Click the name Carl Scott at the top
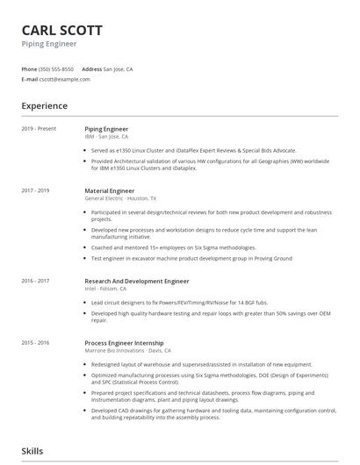(x=61, y=29)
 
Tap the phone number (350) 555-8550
(x=55, y=68)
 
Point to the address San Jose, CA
(x=118, y=68)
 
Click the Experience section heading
(x=44, y=106)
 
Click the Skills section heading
(x=32, y=451)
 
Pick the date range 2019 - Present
(x=39, y=129)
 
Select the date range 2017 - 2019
(x=35, y=190)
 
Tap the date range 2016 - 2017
(x=35, y=281)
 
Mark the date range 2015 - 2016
(x=35, y=342)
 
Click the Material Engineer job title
(x=109, y=190)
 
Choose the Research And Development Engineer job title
(x=136, y=281)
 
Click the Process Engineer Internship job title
(x=124, y=342)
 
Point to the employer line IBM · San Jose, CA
(x=106, y=137)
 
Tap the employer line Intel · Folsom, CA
(x=105, y=289)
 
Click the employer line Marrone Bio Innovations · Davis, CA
(x=127, y=350)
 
